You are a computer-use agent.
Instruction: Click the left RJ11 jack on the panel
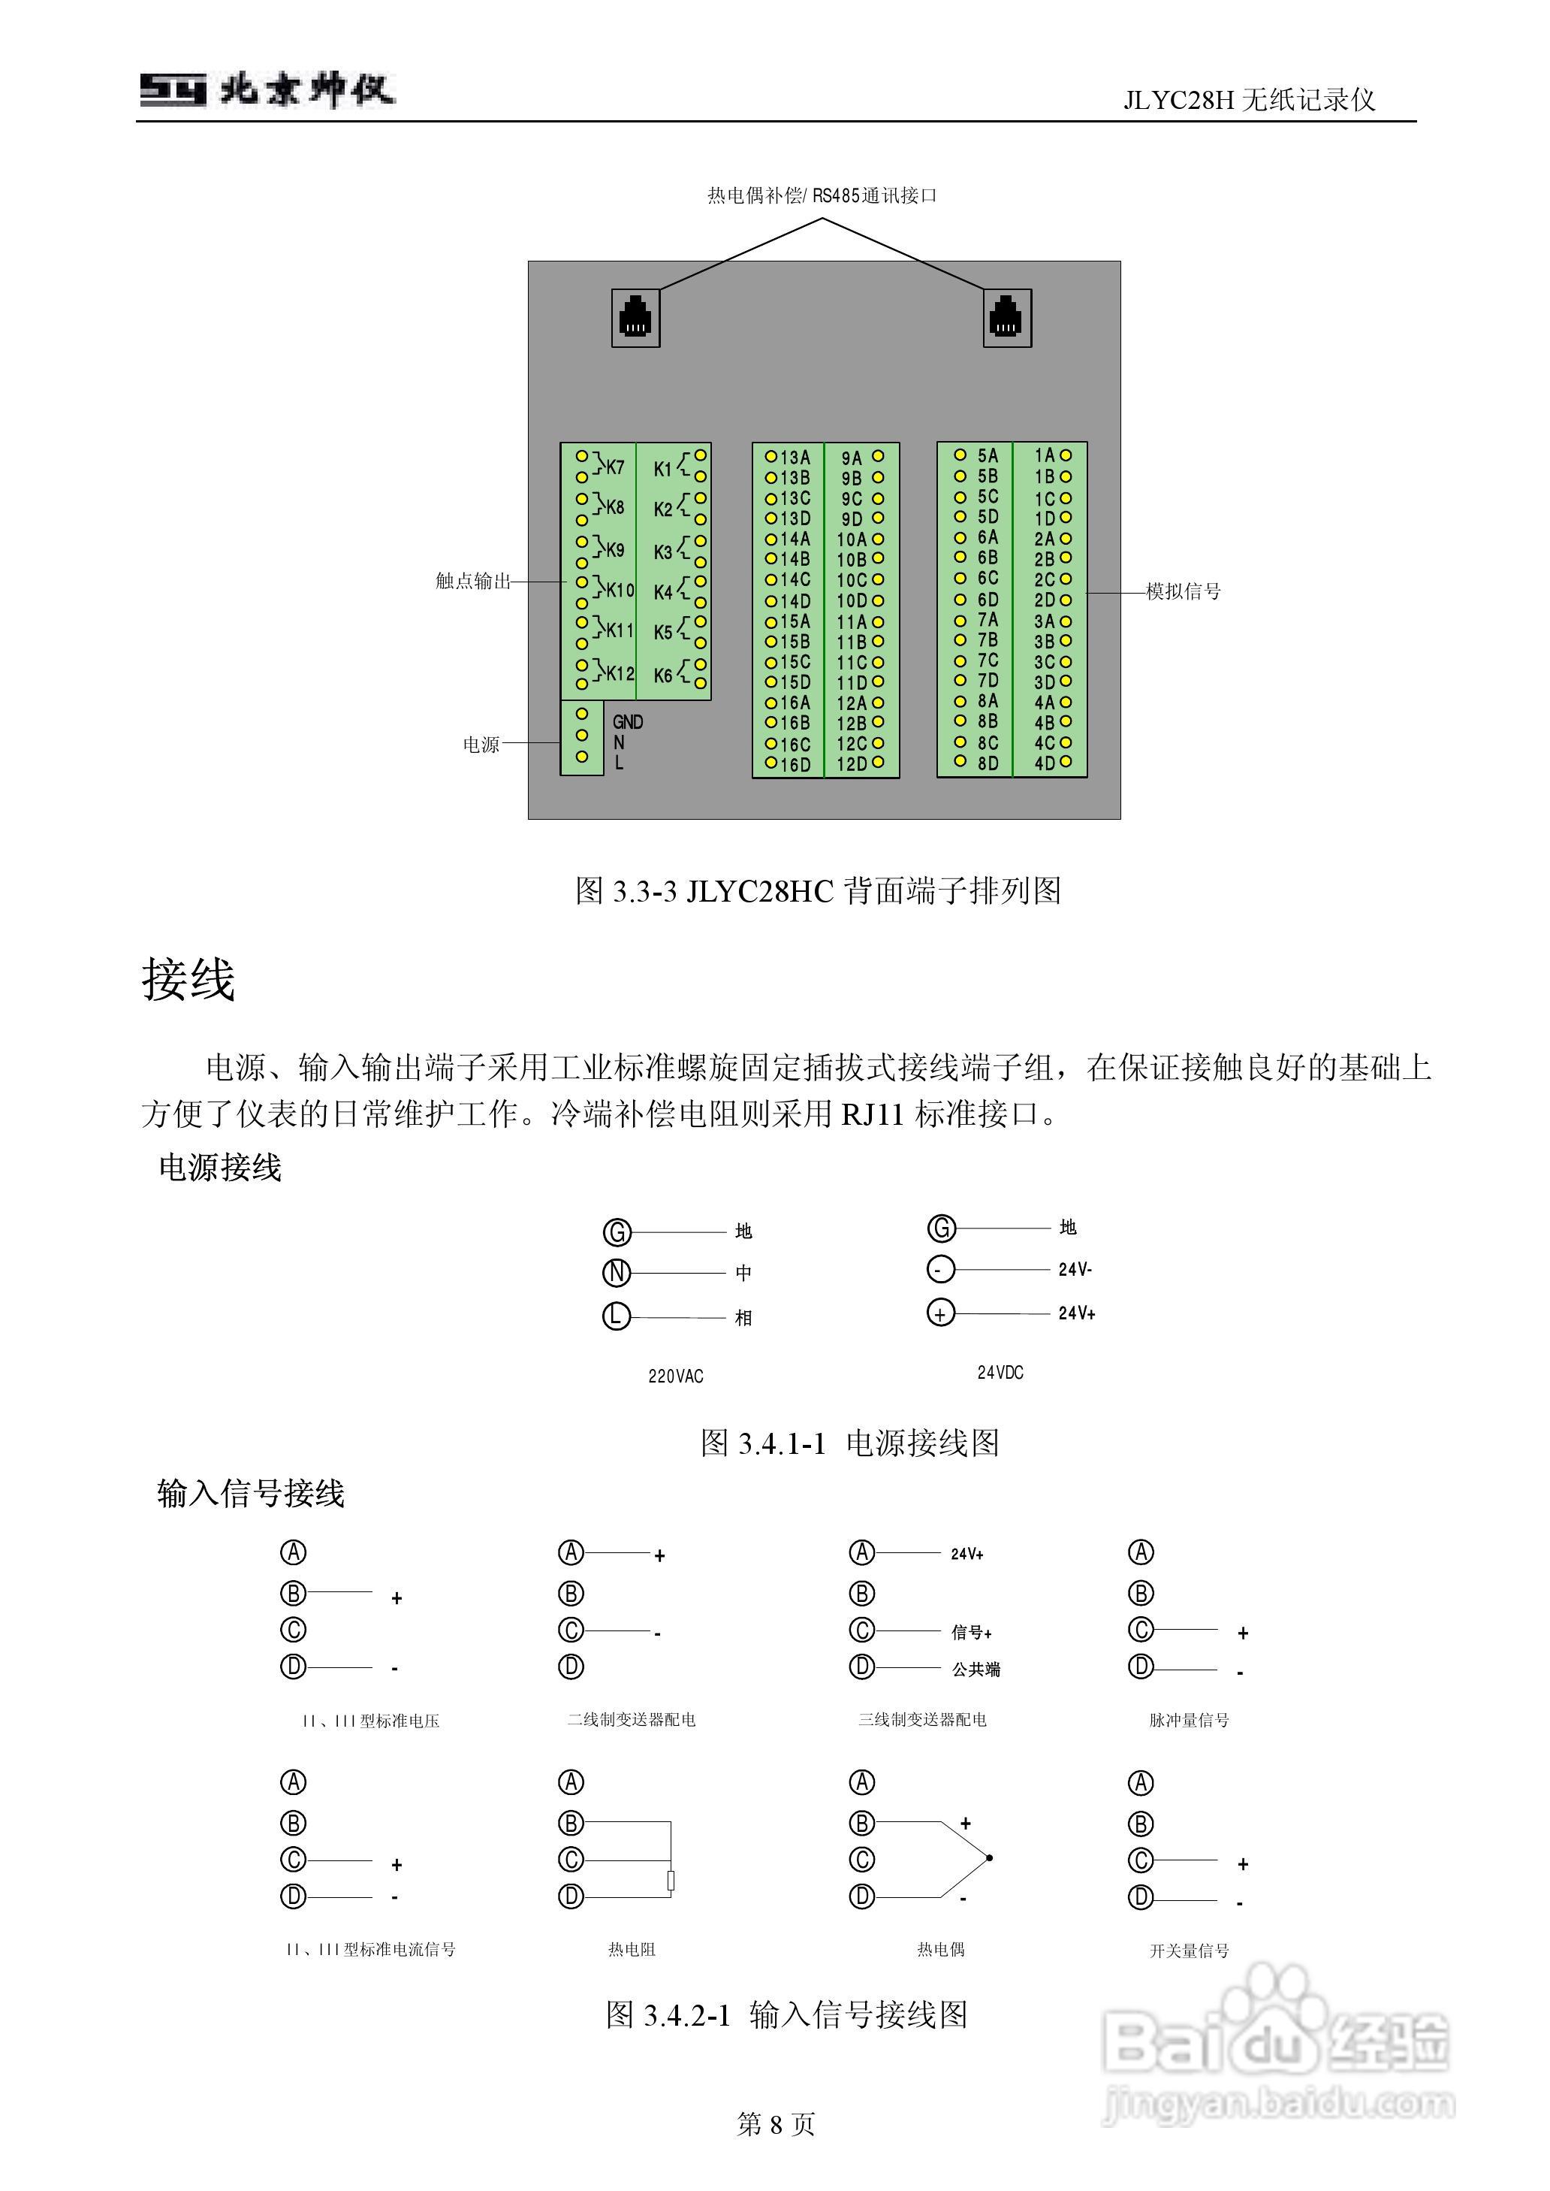[635, 317]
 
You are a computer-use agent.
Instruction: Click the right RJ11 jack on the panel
[1006, 317]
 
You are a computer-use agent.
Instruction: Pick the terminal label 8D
[988, 763]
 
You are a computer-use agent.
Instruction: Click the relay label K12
[620, 673]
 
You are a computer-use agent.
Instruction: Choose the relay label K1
[662, 469]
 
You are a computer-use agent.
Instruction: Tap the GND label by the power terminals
[627, 722]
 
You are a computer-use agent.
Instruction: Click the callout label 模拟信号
[1184, 592]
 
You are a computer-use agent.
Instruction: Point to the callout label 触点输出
[473, 581]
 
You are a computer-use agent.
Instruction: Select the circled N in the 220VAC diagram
[617, 1273]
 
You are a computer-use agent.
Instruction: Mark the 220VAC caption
[675, 1376]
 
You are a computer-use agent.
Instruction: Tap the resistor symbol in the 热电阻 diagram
[671, 1880]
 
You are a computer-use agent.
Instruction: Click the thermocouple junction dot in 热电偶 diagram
[990, 1858]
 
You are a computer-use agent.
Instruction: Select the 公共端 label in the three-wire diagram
[976, 1670]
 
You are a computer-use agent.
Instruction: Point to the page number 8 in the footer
[775, 2124]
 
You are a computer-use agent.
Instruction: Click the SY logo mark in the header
[173, 91]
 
